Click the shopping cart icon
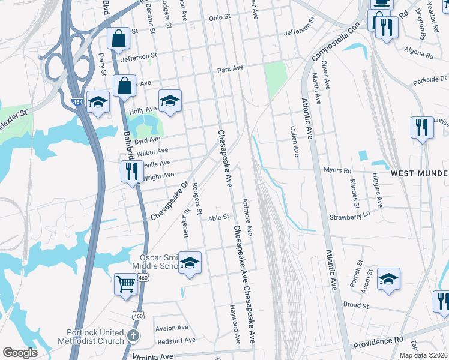(x=125, y=284)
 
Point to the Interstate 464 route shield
(x=77, y=103)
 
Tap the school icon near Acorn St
(x=388, y=279)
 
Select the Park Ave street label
(x=231, y=70)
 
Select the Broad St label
(x=355, y=305)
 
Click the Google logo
(x=20, y=352)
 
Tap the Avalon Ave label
(x=172, y=328)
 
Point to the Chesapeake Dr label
(x=170, y=200)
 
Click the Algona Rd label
(x=418, y=53)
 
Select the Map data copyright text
(x=423, y=355)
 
